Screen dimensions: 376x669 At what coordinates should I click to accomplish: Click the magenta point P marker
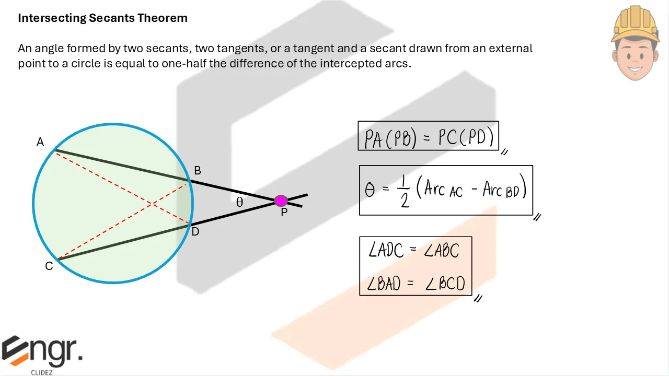[281, 201]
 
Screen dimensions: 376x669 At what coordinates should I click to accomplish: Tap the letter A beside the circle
[40, 142]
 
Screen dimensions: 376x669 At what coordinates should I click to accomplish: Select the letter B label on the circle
[198, 171]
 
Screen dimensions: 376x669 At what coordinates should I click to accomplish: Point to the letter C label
[49, 266]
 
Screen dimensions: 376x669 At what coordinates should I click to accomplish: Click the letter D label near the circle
[195, 232]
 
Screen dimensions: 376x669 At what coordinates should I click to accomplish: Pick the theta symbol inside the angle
[239, 203]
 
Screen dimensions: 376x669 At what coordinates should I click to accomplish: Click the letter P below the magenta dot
[284, 213]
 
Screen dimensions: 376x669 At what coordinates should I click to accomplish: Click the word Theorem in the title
[163, 18]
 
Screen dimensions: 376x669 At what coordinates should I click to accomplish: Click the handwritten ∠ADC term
[386, 251]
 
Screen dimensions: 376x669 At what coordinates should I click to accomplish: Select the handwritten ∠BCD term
[445, 284]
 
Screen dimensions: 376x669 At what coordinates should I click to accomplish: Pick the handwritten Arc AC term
[443, 190]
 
